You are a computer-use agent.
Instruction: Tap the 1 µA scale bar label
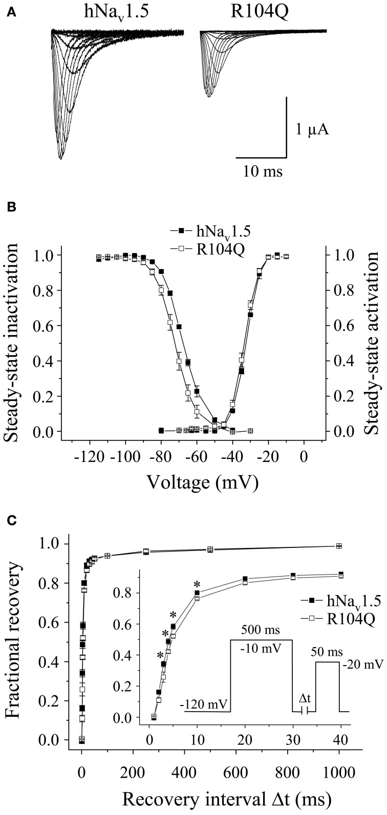coord(311,129)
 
